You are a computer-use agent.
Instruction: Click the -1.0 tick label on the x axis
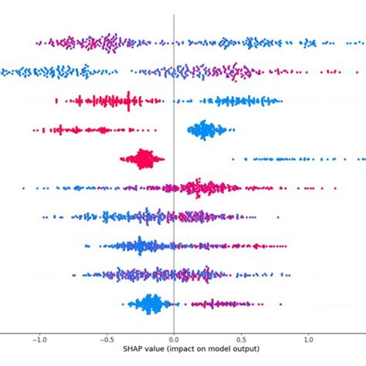[x=38, y=338]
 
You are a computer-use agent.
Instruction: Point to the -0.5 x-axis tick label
[x=106, y=338]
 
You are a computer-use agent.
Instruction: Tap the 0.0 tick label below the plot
[x=174, y=338]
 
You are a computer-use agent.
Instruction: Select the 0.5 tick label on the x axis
[x=242, y=338]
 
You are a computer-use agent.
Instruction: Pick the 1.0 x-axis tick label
[x=309, y=338]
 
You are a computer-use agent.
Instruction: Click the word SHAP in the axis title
[x=132, y=349]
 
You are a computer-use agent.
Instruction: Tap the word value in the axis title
[x=155, y=349]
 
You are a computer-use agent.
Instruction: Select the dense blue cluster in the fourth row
[x=205, y=130]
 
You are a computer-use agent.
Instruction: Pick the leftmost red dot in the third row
[x=56, y=100]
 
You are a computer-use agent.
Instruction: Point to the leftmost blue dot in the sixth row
[x=24, y=188]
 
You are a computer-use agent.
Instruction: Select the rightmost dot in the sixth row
[x=335, y=188]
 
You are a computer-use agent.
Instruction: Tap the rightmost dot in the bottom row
[x=281, y=303]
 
